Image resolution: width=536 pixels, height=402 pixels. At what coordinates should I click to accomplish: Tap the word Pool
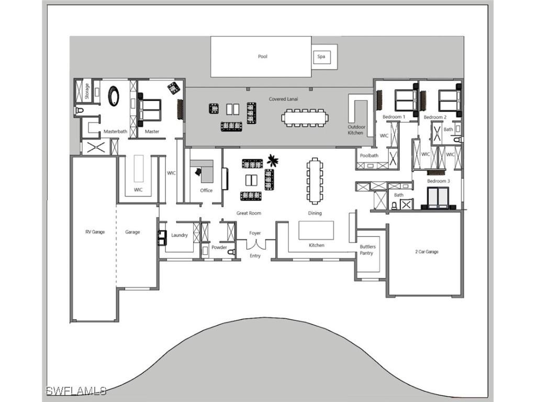click(x=262, y=57)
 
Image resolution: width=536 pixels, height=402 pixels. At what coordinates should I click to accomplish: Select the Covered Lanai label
click(x=284, y=99)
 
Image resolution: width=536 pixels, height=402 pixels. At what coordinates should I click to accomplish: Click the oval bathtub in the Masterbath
click(x=114, y=96)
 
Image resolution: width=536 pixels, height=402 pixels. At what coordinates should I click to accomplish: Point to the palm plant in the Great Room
click(x=272, y=159)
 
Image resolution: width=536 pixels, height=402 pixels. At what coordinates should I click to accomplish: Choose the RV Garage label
click(x=95, y=232)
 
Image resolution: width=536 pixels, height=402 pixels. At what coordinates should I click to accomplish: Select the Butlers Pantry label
click(x=367, y=250)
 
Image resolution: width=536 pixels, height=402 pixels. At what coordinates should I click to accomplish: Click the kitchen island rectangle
click(x=316, y=230)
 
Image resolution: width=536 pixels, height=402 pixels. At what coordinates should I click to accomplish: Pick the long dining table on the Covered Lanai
click(x=305, y=117)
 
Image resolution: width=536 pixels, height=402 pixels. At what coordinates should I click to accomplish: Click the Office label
click(x=206, y=190)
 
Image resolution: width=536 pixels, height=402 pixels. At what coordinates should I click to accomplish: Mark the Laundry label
click(x=179, y=236)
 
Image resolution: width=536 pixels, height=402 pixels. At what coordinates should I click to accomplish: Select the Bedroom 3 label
click(x=438, y=181)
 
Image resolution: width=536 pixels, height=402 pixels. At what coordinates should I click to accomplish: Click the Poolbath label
click(x=369, y=155)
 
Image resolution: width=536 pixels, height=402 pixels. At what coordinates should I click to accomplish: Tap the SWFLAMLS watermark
click(x=76, y=390)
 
